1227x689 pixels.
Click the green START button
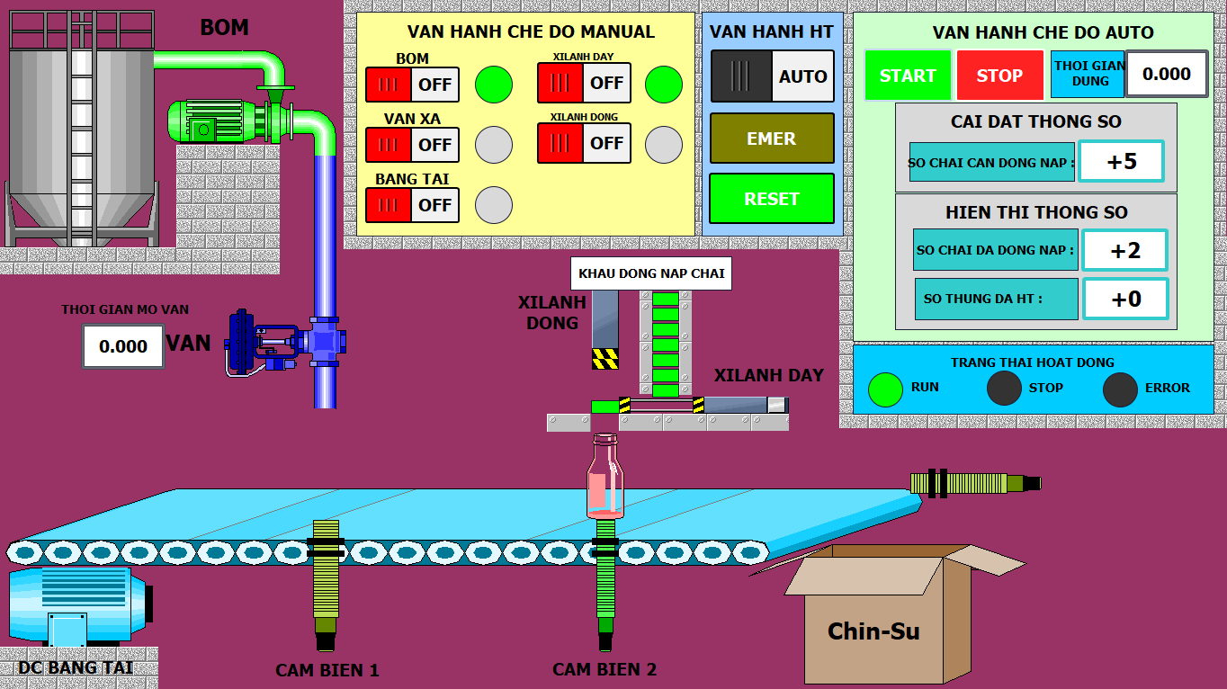[x=908, y=76]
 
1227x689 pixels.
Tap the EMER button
[x=772, y=139]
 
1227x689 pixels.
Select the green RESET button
[x=772, y=199]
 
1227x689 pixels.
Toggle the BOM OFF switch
[x=412, y=85]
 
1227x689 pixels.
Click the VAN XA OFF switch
[x=412, y=145]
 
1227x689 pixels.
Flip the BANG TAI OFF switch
[x=412, y=205]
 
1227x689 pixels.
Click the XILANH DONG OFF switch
[x=584, y=143]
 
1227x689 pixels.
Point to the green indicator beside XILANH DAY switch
[x=664, y=85]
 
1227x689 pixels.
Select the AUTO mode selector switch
[x=772, y=76]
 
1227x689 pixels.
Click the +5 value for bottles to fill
[x=1122, y=162]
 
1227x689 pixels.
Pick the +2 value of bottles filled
[x=1124, y=251]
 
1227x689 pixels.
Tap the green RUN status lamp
[x=885, y=389]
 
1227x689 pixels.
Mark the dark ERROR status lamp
[x=1120, y=389]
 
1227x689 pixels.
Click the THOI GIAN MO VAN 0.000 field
[x=123, y=346]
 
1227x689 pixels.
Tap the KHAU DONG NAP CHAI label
[x=651, y=273]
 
